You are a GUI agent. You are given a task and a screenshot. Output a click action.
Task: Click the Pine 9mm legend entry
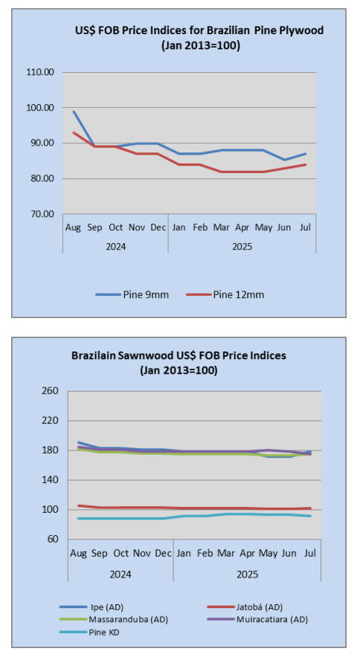click(x=132, y=294)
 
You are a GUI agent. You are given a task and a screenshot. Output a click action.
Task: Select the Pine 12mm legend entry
click(x=225, y=294)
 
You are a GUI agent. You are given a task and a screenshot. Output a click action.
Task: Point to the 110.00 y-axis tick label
click(x=40, y=72)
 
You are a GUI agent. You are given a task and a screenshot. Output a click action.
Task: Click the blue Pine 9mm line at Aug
click(x=74, y=111)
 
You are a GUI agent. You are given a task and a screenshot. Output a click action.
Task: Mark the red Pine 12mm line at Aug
click(x=74, y=132)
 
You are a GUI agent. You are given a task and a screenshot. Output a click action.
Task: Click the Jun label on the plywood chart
click(x=284, y=227)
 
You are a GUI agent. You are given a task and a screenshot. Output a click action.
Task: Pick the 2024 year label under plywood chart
click(x=116, y=246)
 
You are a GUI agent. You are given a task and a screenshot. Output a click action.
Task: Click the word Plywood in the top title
click(x=302, y=30)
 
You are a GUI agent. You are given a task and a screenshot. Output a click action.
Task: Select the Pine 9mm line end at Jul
click(x=305, y=154)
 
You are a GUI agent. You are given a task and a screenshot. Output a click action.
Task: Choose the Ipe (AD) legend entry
click(x=91, y=607)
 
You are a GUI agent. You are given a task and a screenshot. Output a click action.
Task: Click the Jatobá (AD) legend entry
click(x=245, y=607)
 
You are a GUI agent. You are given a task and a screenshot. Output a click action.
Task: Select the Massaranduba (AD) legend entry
click(x=114, y=620)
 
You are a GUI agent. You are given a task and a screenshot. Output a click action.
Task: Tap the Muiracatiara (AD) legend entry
click(x=257, y=620)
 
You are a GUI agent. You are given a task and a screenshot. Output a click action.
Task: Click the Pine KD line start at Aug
click(x=79, y=518)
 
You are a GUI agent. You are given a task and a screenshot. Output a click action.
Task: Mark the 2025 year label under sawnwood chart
click(x=247, y=574)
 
